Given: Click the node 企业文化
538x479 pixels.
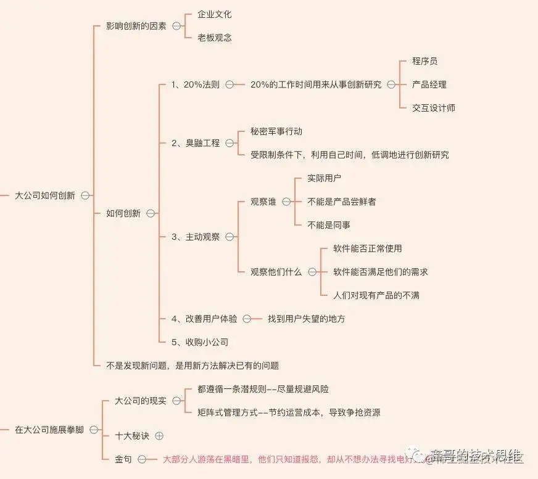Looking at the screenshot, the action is (215, 14).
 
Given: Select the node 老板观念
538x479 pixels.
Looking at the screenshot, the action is (215, 38).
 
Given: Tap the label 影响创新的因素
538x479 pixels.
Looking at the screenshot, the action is (136, 26).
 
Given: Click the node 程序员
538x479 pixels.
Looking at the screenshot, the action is (425, 61).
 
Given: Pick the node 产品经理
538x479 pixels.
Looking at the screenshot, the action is (429, 84).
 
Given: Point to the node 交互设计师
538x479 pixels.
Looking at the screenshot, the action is (434, 108).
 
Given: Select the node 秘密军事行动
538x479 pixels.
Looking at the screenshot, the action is (276, 131).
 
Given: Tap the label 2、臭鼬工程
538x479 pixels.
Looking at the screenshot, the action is (195, 143).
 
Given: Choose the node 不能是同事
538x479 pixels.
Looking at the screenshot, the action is (329, 225).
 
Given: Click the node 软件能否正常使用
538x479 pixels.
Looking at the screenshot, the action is (367, 248).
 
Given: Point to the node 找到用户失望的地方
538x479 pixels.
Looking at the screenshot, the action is (306, 319).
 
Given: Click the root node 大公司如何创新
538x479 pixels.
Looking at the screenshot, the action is (45, 195).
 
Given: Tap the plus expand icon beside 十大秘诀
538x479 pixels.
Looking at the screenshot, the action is (159, 436).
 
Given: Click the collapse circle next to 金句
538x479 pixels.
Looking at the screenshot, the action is (142, 459).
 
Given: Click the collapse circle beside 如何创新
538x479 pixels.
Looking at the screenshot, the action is (151, 213).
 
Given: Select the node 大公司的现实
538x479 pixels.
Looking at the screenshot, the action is (141, 401).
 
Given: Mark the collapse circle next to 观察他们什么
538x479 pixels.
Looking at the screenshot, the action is (312, 272).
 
